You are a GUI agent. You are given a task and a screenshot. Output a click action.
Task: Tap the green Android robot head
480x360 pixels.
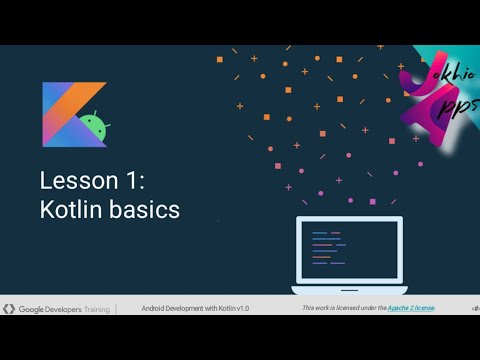click(93, 126)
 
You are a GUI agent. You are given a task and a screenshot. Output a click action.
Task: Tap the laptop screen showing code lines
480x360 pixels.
click(349, 249)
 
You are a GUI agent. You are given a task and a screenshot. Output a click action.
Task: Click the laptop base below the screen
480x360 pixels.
click(349, 289)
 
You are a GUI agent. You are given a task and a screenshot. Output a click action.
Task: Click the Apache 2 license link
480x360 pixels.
click(409, 308)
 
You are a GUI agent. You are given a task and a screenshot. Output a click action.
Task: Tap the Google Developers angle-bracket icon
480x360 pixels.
click(8, 308)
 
